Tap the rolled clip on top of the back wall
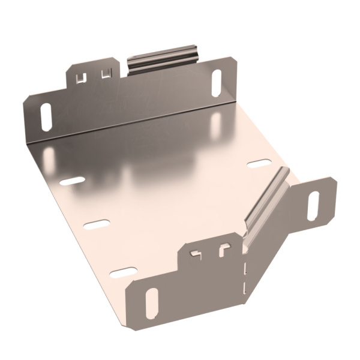[x=162, y=59]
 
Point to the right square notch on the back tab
[x=107, y=73]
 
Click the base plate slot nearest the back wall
[x=73, y=181]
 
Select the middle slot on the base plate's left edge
[x=97, y=225]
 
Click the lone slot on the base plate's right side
[x=259, y=163]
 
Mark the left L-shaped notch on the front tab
[x=196, y=252]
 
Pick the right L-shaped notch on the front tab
[x=224, y=248]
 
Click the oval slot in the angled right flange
[x=314, y=205]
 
